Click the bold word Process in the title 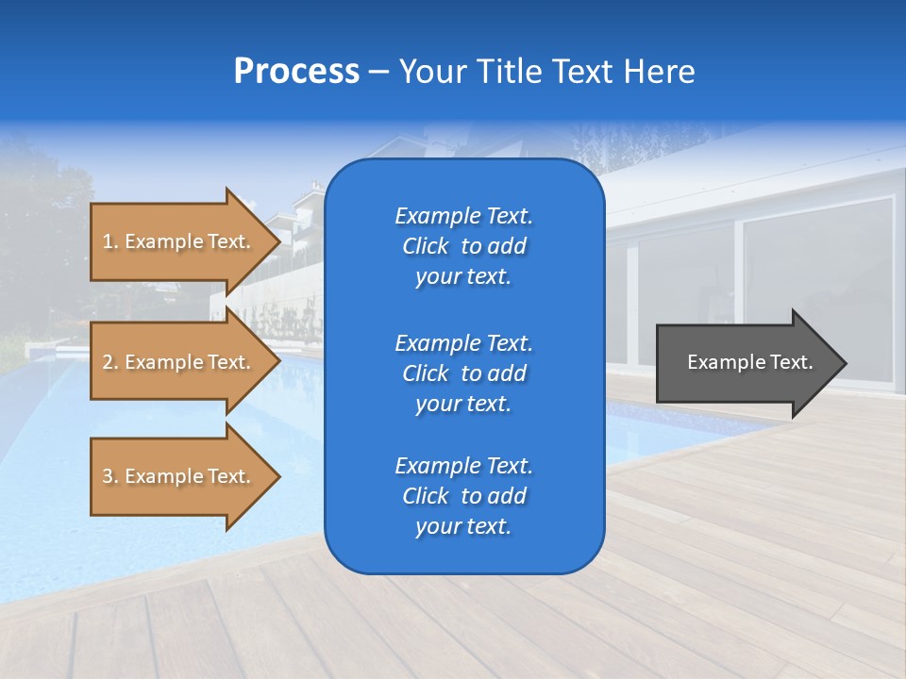pos(296,72)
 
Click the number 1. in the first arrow pos(110,241)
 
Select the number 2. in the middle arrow pos(110,362)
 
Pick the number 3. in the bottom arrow pos(110,476)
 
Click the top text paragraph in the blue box pos(463,246)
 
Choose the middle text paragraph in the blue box pos(463,373)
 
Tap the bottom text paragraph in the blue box pos(463,496)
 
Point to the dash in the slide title pos(378,72)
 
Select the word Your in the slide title pos(431,72)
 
